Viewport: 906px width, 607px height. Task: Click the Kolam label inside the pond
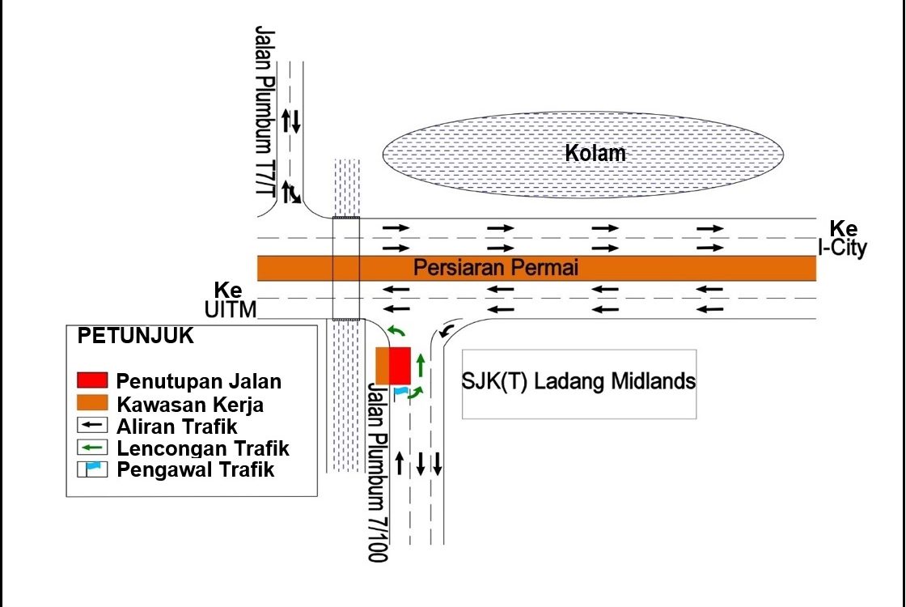[x=595, y=153]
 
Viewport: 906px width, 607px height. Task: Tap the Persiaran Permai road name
[x=496, y=268]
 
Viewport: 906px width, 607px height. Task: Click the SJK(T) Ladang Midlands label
[x=578, y=381]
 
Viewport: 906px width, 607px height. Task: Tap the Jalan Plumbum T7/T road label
[x=265, y=111]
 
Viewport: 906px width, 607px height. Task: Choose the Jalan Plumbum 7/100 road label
[x=378, y=472]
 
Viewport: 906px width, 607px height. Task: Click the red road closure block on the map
[x=400, y=365]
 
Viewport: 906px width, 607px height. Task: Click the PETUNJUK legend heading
[x=135, y=336]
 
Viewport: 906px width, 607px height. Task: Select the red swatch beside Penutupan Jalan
[x=92, y=380]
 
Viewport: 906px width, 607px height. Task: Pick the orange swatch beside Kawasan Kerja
[x=92, y=402]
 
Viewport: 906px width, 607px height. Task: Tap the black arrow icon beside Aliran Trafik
[x=92, y=426]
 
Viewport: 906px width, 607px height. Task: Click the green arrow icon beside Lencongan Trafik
[x=92, y=448]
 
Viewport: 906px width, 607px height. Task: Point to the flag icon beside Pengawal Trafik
[x=92, y=469]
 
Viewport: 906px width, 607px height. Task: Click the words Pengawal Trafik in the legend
[x=195, y=469]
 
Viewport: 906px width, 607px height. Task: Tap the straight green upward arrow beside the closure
[x=421, y=365]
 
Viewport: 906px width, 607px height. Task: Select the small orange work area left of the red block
[x=383, y=365]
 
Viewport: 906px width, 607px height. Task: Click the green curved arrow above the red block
[x=396, y=329]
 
